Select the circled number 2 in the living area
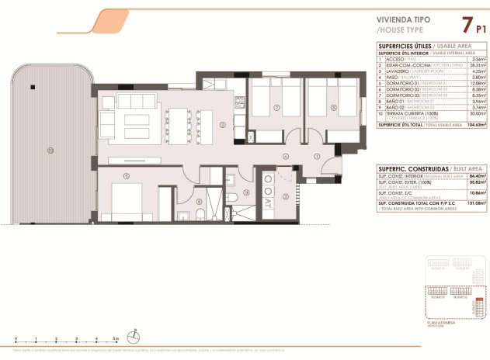[222, 124]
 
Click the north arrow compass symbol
[135, 337]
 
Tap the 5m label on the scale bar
[115, 340]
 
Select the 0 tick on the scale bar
[16, 340]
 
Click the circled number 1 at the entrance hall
[317, 157]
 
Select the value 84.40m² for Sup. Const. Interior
[476, 176]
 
